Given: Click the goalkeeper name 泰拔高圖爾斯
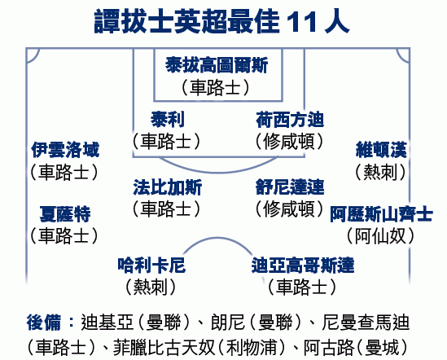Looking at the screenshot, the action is click(217, 65).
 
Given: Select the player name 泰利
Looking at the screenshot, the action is click(168, 119).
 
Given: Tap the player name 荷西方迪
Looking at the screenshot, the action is click(290, 120).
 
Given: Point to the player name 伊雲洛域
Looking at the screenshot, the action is click(65, 150).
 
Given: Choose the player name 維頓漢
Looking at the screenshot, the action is click(381, 150).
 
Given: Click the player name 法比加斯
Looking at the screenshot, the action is click(168, 187).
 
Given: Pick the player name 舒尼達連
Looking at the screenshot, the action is click(290, 187).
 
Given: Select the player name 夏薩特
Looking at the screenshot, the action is click(65, 214).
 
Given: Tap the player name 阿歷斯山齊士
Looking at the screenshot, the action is click(381, 214).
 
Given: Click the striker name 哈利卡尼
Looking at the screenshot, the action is click(151, 265).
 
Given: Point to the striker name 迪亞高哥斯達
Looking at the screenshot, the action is click(303, 265).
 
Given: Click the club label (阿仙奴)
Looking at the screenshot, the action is click(380, 236).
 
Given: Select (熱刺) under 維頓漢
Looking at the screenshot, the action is click(380, 172).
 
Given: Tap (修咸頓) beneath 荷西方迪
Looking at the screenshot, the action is click(289, 141).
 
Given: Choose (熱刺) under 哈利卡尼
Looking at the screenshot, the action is click(151, 287).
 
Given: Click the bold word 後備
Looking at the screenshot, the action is click(44, 323).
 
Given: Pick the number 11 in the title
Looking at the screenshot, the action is click(302, 23).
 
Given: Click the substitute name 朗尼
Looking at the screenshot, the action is click(228, 323).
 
